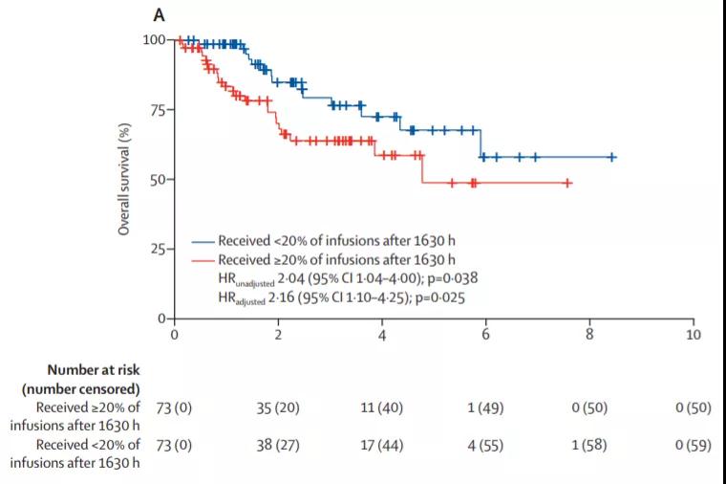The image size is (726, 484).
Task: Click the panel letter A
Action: click(159, 16)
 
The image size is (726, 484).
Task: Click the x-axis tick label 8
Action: click(589, 336)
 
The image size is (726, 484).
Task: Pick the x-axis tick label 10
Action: click(693, 336)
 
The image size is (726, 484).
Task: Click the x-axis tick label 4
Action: click(382, 336)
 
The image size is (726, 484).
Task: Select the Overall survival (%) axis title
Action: click(123, 179)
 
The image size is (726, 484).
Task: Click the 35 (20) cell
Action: click(278, 408)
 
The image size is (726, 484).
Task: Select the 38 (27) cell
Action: click(278, 446)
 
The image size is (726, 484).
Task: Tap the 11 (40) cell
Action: click(382, 408)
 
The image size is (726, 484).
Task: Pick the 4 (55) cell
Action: click(485, 446)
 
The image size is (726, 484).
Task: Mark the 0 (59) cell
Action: click(693, 446)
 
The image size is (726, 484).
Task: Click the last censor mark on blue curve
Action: click(612, 157)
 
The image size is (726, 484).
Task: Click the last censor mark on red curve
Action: click(567, 182)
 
